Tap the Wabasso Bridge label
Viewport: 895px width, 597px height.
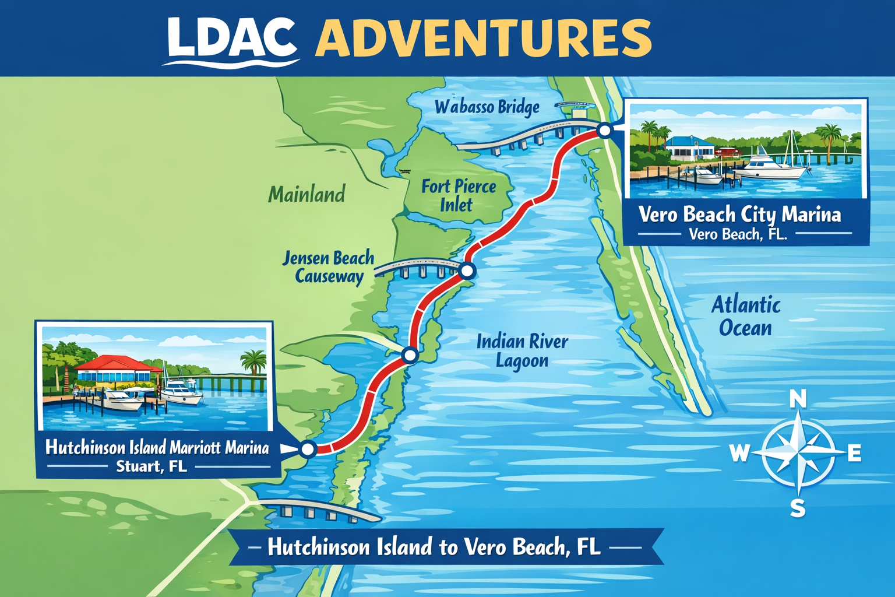coord(487,107)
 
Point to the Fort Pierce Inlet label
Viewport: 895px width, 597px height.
coord(459,195)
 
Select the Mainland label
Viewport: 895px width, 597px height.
coord(306,194)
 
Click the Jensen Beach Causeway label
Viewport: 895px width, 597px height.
coord(329,267)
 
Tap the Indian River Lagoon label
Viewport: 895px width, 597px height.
coord(522,350)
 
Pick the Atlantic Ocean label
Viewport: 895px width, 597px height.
coord(746,316)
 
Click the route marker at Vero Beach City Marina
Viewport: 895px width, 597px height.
coord(605,131)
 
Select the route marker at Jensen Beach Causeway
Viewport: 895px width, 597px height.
coord(467,271)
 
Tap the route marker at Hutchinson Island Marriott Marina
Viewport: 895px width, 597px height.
coord(307,449)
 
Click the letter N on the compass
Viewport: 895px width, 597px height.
coord(798,400)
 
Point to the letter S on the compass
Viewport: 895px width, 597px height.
coord(798,508)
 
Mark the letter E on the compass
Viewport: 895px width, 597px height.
coord(854,453)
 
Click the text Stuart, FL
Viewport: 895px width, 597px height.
coord(151,466)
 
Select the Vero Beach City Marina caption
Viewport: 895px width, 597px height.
coord(740,215)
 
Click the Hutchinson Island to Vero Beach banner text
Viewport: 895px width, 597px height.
coord(434,547)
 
